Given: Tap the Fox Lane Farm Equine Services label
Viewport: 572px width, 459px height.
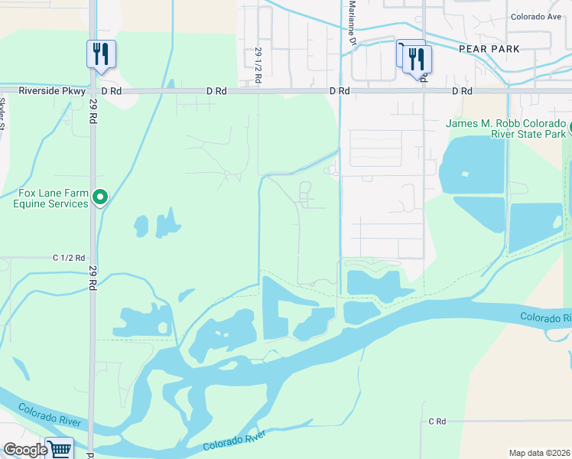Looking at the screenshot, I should pyautogui.click(x=50, y=199).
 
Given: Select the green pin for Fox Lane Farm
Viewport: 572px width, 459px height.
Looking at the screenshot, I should pyautogui.click(x=99, y=199).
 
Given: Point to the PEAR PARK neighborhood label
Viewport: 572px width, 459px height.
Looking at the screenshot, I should pyautogui.click(x=489, y=49).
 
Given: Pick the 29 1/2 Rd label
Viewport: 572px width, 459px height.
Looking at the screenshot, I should pyautogui.click(x=258, y=66).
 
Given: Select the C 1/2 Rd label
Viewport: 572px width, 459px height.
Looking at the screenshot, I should pyautogui.click(x=68, y=259).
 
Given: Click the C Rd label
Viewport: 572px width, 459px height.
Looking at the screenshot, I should pyautogui.click(x=437, y=421).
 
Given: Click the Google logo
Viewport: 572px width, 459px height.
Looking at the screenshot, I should pyautogui.click(x=25, y=450).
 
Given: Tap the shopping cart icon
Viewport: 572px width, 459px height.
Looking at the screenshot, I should pyautogui.click(x=59, y=448).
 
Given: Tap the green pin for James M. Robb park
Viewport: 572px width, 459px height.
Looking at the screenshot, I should pyautogui.click(x=570, y=125).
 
